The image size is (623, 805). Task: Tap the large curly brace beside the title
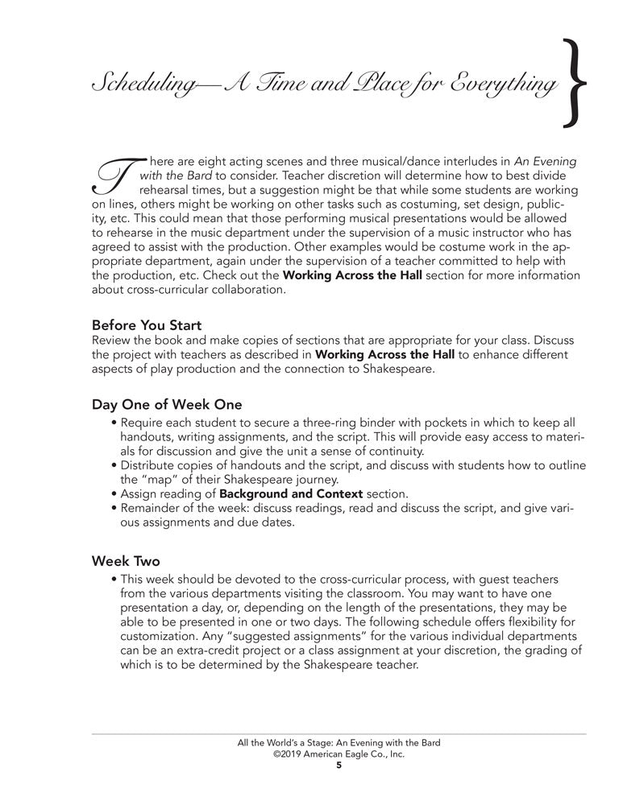[x=575, y=85]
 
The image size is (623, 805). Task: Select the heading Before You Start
[x=141, y=326]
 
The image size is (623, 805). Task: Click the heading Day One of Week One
[x=166, y=404]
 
